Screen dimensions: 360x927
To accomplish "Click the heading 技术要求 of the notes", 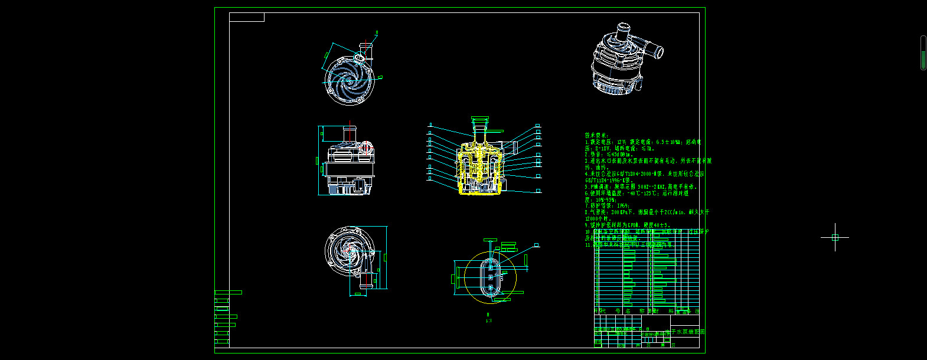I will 596,135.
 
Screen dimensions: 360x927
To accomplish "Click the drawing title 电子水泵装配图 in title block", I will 685,332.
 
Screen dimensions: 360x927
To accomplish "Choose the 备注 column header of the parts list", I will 694,311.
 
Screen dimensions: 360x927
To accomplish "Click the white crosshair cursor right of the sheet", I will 835,237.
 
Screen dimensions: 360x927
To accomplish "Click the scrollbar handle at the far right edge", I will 923,53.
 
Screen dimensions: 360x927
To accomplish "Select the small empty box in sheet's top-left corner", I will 247,17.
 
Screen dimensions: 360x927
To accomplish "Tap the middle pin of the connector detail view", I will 490,277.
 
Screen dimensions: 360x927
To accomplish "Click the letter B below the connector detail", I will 488,315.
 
